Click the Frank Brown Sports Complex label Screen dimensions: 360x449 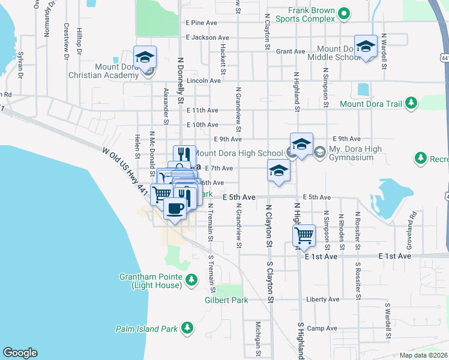click(x=305, y=14)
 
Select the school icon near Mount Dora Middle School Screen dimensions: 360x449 click(x=366, y=47)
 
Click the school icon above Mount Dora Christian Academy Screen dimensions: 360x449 click(x=145, y=58)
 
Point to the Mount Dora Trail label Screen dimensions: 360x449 click(x=370, y=104)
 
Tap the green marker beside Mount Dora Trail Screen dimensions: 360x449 click(x=411, y=103)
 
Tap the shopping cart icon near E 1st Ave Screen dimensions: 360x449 click(x=304, y=235)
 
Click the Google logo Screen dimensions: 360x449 click(x=20, y=353)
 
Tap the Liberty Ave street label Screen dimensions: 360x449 click(x=322, y=299)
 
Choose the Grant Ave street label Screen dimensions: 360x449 click(x=291, y=52)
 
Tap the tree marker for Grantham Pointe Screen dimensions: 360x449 click(x=191, y=280)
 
